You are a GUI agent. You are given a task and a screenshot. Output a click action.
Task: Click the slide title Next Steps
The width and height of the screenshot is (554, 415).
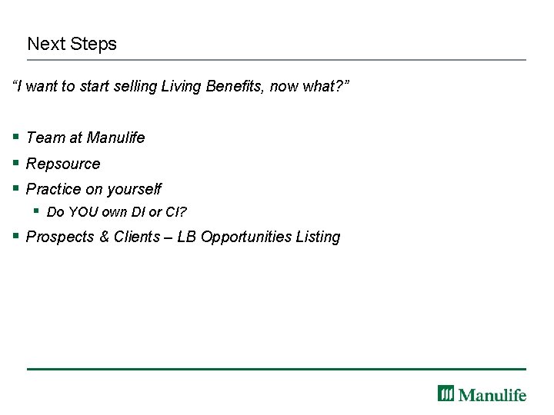point(72,44)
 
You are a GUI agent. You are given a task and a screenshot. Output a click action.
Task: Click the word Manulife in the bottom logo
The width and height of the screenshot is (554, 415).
point(492,395)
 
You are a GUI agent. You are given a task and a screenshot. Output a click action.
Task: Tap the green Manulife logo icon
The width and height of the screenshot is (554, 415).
point(446,393)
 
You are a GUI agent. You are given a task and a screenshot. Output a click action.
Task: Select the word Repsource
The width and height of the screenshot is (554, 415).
point(63,164)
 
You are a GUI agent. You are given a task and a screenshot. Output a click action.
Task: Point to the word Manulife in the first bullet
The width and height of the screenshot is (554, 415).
point(115,138)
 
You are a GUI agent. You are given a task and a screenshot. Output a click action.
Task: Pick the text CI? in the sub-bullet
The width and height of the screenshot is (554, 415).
point(176,212)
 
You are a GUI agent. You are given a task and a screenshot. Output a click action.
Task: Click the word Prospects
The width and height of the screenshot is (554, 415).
point(60,237)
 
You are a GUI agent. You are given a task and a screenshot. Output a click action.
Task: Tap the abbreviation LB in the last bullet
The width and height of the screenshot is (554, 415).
point(187,237)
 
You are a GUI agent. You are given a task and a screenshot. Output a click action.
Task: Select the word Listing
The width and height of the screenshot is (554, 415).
point(318,237)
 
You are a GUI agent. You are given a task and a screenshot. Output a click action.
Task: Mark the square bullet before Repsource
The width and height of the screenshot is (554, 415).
point(16,163)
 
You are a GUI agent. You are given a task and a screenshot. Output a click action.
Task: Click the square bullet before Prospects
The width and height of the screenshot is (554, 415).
point(16,236)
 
